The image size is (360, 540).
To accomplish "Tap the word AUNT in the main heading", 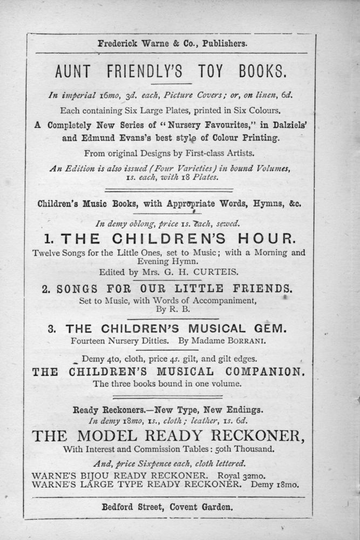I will (75, 71).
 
